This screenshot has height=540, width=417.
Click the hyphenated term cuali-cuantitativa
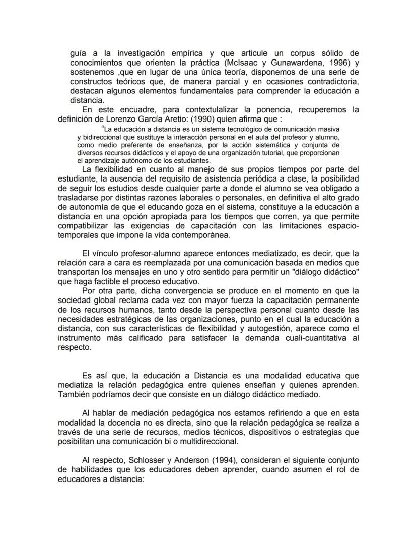[314, 338]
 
